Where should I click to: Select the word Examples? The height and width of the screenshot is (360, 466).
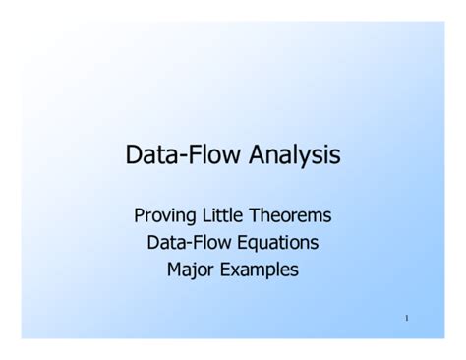click(x=260, y=268)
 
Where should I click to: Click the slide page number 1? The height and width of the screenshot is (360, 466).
click(x=406, y=318)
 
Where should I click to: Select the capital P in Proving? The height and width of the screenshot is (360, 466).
click(x=140, y=214)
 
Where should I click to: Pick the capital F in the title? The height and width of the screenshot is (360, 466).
click(x=192, y=155)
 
